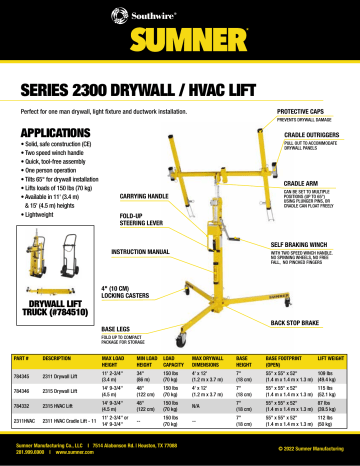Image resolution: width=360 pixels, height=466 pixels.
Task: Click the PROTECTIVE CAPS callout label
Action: (306, 111)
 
